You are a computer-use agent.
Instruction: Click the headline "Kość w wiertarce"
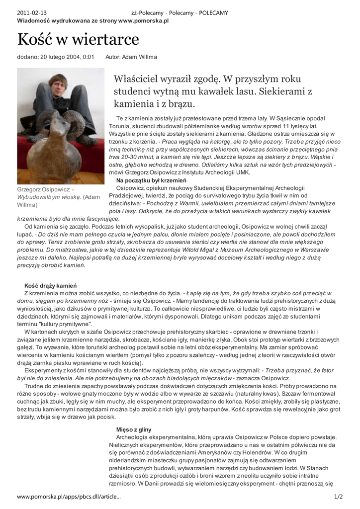(78, 39)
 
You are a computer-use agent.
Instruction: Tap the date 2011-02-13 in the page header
(32, 13)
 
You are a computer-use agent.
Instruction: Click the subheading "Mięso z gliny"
(134, 429)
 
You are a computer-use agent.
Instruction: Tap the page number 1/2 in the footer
(338, 497)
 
